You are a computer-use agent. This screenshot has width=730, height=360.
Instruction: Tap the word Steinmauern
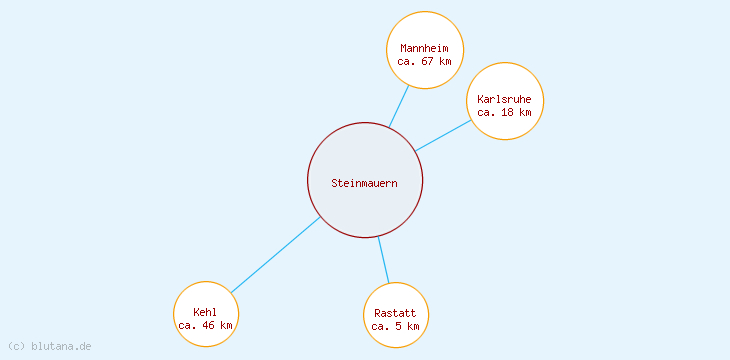[x=365, y=183]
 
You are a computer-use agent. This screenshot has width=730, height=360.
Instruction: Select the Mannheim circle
[x=425, y=30]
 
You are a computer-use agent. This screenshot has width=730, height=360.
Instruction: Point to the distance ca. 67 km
[x=424, y=61]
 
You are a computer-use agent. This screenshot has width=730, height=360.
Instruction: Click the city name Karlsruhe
[x=504, y=99]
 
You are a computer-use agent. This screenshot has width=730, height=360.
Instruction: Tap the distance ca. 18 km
[x=504, y=112]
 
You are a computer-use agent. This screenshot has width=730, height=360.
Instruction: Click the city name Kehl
[x=205, y=312]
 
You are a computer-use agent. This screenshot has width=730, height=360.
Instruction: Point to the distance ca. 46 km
[x=205, y=325]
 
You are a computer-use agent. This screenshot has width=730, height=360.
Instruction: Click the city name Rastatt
[x=396, y=313]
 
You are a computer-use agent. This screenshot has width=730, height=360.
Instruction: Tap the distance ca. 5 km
[x=396, y=326]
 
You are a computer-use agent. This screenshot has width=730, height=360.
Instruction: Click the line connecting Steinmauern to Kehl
[x=275, y=255]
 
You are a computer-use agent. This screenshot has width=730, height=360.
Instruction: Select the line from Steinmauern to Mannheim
[x=399, y=106]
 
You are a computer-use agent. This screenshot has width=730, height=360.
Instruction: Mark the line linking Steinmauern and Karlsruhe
[x=443, y=136]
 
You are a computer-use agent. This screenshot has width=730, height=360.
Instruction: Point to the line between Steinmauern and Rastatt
[x=383, y=260]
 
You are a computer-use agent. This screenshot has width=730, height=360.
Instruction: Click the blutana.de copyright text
[x=50, y=346]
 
